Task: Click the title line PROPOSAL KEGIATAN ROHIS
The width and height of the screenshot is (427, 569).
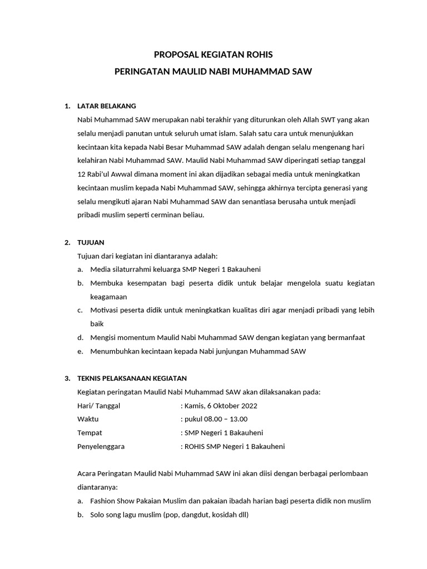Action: pyautogui.click(x=213, y=54)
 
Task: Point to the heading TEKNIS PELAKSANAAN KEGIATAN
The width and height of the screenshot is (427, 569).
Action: pyautogui.click(x=132, y=378)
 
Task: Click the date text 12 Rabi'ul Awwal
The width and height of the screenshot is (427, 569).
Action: pyautogui.click(x=103, y=173)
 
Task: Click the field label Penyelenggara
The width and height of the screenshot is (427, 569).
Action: pyautogui.click(x=101, y=446)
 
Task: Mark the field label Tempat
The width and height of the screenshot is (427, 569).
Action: pyautogui.click(x=90, y=433)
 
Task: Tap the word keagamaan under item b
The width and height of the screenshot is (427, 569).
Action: pyautogui.click(x=108, y=297)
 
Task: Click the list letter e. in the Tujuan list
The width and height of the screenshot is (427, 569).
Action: pyautogui.click(x=81, y=351)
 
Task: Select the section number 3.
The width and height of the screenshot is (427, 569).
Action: pyautogui.click(x=67, y=378)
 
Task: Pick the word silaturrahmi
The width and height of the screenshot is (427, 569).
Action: pyautogui.click(x=132, y=269)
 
